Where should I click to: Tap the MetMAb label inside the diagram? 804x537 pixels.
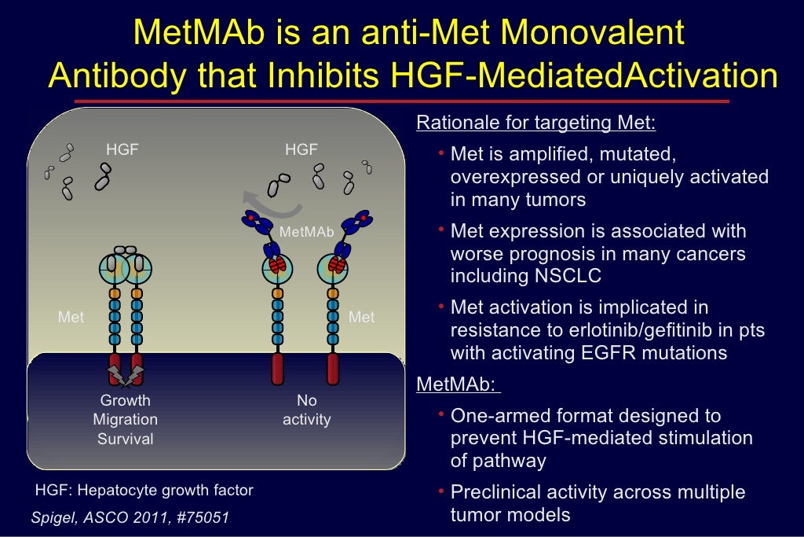pyautogui.click(x=307, y=232)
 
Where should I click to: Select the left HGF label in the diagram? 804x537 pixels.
pyautogui.click(x=122, y=149)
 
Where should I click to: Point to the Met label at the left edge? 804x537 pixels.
pyautogui.click(x=71, y=318)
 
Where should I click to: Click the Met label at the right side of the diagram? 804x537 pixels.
pyautogui.click(x=361, y=318)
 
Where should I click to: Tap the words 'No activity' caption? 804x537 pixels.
pyautogui.click(x=307, y=410)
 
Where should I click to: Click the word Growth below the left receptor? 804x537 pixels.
pyautogui.click(x=126, y=401)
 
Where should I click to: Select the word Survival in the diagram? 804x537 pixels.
pyautogui.click(x=126, y=439)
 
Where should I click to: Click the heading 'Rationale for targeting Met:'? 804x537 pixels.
pyautogui.click(x=535, y=123)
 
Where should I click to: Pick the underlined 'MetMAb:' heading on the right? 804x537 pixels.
pyautogui.click(x=457, y=385)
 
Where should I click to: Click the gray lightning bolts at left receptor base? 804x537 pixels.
pyautogui.click(x=126, y=375)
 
